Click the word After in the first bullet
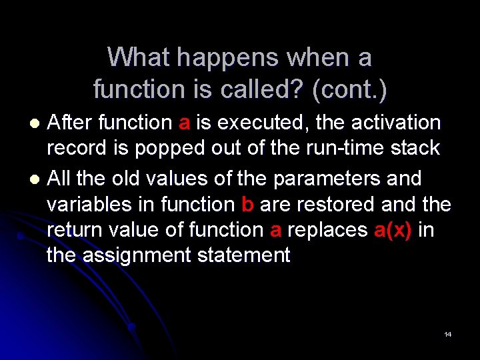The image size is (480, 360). tap(71, 123)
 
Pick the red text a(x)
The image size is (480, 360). tap(393, 230)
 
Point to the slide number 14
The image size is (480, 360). tap(447, 334)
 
